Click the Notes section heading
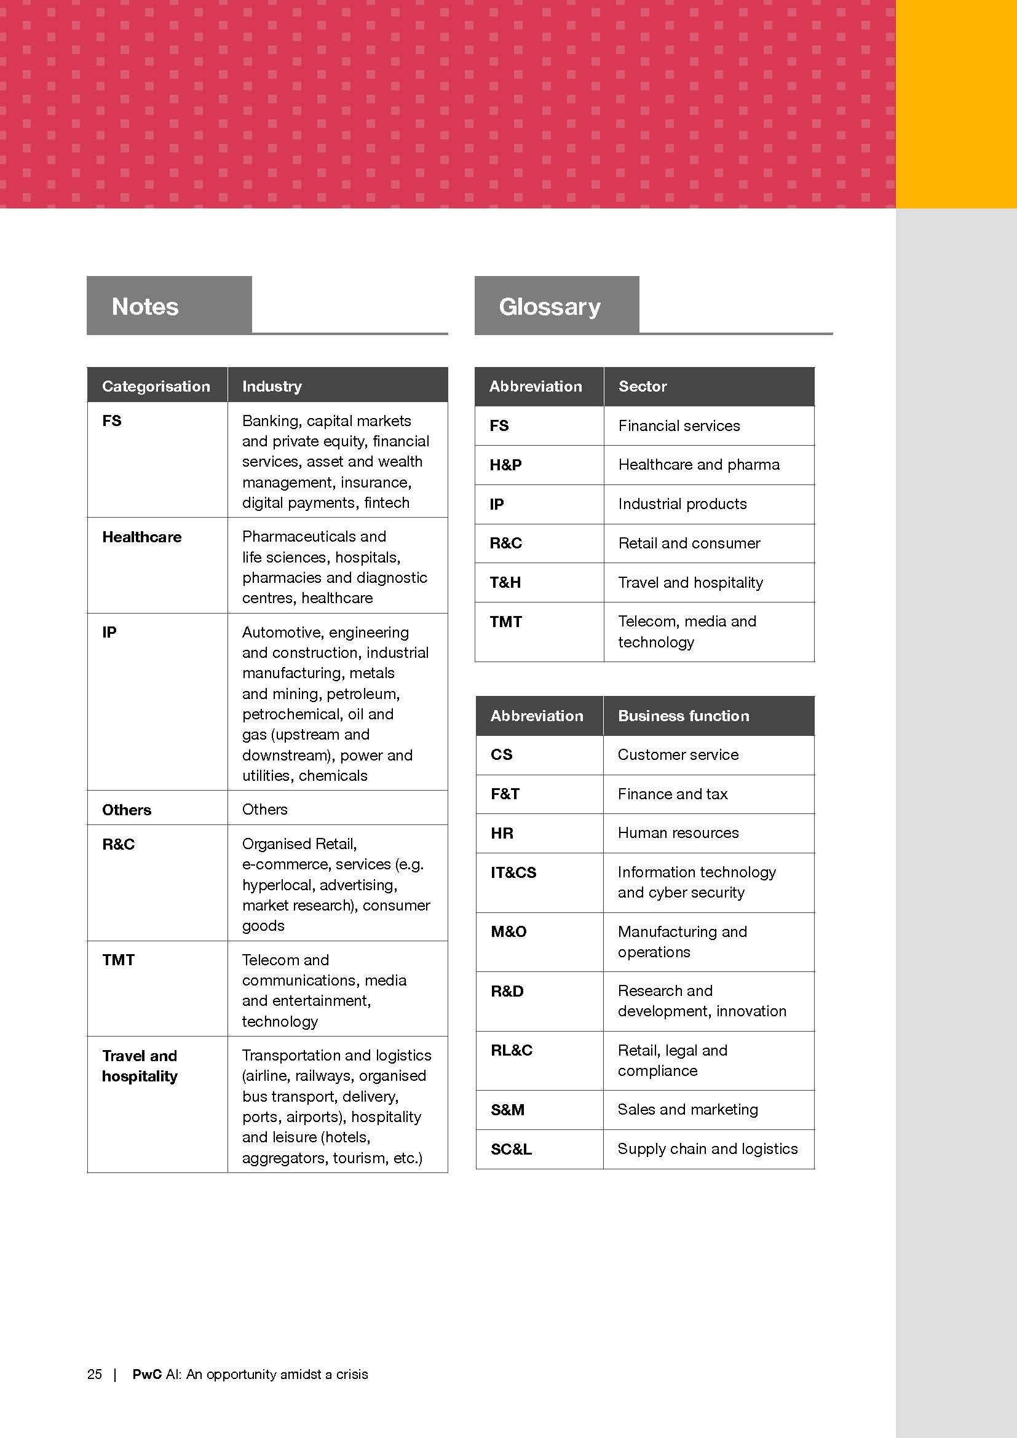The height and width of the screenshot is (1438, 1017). (144, 306)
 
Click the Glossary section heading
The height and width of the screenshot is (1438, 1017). (549, 306)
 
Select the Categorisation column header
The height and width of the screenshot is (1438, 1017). (156, 386)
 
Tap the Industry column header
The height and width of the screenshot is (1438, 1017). (272, 386)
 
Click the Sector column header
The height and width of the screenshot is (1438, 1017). (643, 386)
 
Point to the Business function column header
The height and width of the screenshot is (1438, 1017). (683, 715)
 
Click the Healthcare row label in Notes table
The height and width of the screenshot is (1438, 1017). (141, 537)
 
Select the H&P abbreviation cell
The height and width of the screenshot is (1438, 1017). (505, 465)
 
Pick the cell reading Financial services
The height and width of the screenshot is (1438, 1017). (679, 426)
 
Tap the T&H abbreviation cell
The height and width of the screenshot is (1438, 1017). (505, 582)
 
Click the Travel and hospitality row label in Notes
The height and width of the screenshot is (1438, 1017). (140, 1066)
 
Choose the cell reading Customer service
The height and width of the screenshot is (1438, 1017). (678, 755)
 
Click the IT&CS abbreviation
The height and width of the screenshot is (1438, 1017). (513, 872)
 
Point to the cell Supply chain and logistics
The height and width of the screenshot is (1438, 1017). (708, 1148)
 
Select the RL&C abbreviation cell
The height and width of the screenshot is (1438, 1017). (512, 1050)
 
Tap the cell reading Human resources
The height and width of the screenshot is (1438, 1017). (678, 833)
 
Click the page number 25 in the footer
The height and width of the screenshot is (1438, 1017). (95, 1374)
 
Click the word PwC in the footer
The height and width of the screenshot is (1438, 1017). (147, 1374)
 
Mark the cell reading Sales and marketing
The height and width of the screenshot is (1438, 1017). (687, 1109)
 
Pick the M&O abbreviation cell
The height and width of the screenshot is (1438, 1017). (509, 932)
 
